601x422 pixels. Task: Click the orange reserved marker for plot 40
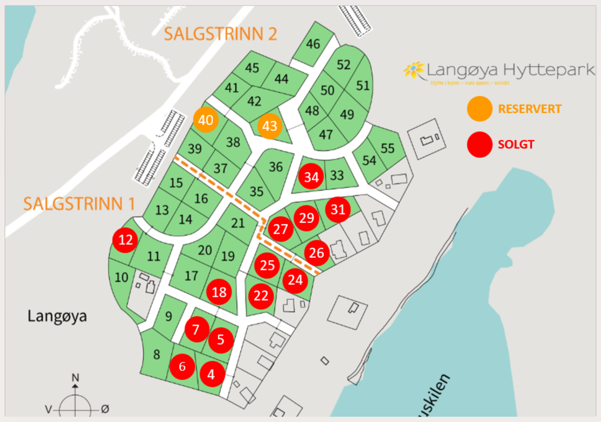(x=206, y=120)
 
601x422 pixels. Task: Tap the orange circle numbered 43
(x=270, y=126)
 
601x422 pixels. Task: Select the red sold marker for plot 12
(x=125, y=240)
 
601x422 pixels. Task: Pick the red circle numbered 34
(x=311, y=177)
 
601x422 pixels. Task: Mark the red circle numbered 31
(x=338, y=209)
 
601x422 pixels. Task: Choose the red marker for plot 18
(x=219, y=292)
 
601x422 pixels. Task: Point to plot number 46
(x=313, y=44)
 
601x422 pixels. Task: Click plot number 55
(x=387, y=148)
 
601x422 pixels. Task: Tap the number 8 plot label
(x=157, y=354)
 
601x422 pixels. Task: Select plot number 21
(x=238, y=223)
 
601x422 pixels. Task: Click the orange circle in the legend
(x=480, y=109)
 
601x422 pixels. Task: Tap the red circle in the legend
(x=480, y=144)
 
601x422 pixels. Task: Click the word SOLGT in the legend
(x=516, y=144)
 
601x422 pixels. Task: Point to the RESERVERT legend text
(x=530, y=109)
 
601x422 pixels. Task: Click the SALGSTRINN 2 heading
(x=220, y=34)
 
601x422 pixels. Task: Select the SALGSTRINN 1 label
(x=79, y=204)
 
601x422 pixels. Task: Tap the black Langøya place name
(x=57, y=316)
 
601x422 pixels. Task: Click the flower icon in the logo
(x=414, y=70)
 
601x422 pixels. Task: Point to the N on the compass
(x=76, y=377)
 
